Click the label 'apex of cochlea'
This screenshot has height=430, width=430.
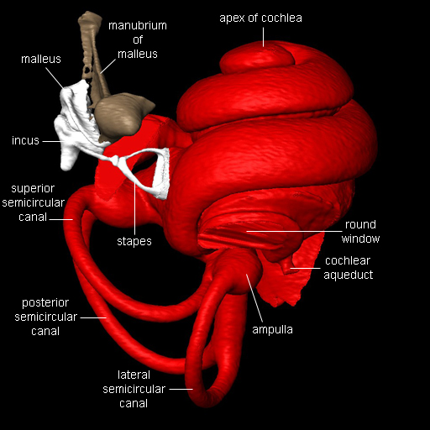260,18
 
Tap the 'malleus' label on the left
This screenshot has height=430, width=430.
41,59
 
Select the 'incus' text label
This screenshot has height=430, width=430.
25,140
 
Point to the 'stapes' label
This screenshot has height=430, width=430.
134,241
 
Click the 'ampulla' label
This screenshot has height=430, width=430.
272,330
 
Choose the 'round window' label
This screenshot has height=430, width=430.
360,232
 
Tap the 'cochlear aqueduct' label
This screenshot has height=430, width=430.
348,268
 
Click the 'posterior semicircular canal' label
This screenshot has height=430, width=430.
45,317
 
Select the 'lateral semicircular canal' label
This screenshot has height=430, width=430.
134,389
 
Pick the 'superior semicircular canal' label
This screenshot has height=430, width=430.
33,202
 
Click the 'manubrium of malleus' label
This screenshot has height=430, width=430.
138,39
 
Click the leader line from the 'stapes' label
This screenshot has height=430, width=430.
134,207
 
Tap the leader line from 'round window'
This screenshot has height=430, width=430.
294,232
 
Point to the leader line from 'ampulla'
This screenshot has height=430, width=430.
254,298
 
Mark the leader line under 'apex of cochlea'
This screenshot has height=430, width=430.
263,37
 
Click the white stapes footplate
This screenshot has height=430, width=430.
162,174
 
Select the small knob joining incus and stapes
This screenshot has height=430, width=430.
114,160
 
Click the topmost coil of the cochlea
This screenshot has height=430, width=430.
256,57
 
